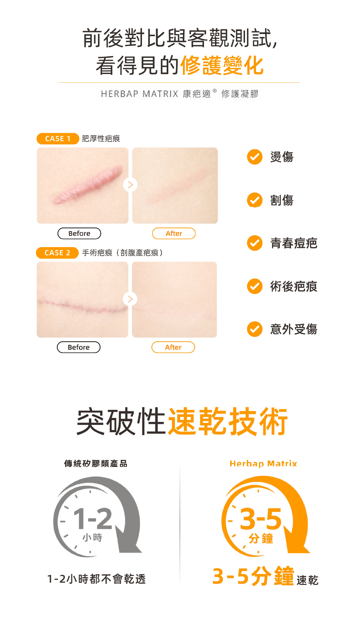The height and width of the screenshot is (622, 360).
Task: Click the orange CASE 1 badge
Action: [58, 138]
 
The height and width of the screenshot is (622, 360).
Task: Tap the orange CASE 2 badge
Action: [57, 253]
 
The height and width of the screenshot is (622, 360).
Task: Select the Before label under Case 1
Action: [79, 233]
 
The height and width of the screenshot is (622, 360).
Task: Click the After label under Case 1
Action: [174, 233]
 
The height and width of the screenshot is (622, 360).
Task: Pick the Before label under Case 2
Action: [79, 347]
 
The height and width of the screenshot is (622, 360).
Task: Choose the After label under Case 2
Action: [173, 347]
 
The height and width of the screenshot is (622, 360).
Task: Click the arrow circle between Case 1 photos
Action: [130, 185]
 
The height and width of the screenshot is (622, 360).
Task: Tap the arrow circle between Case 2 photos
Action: [130, 299]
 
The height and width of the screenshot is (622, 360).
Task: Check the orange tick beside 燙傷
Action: [255, 157]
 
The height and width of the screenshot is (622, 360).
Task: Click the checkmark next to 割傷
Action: [255, 200]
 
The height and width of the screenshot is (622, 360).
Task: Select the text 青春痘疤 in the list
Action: [294, 243]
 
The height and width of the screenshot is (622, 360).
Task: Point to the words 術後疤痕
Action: [294, 286]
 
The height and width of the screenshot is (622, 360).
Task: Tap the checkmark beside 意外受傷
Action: [255, 329]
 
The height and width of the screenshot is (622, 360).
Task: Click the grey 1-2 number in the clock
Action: [93, 519]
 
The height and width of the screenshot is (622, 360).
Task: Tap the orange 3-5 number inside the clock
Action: [261, 519]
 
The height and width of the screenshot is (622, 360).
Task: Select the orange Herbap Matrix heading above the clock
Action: [263, 464]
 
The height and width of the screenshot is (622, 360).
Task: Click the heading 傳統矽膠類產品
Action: [96, 464]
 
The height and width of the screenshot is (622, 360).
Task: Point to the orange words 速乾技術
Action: [228, 422]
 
